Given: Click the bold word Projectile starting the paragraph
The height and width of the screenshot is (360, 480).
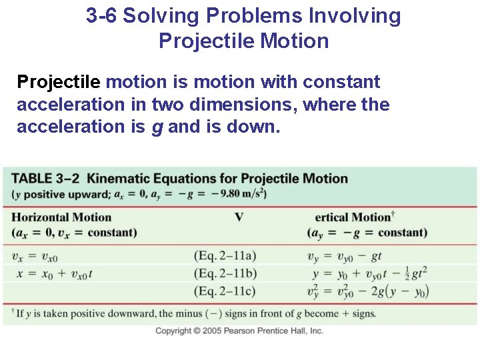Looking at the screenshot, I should coord(59,83).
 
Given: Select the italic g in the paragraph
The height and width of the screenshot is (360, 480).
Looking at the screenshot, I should coord(157,127).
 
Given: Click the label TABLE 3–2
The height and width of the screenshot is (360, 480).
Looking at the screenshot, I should coord(46,179).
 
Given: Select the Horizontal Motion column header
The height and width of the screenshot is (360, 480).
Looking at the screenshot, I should coord(61,217).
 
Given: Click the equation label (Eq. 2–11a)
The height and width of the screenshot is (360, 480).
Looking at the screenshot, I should coord(225,255).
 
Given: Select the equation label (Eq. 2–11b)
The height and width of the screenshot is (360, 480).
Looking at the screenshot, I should coord(225,273).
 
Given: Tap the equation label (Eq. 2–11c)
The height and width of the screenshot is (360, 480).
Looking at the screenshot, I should coord(225,291).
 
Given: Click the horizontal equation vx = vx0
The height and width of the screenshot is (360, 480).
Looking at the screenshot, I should coord(35,256).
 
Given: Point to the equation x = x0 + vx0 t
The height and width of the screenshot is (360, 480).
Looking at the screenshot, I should coord(53,273).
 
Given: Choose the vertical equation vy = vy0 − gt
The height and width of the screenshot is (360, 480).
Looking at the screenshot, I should coord(345,256).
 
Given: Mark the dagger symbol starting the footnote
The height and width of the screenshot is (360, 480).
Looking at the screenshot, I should coord(13,312).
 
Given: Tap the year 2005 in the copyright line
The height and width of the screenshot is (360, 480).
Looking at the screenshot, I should coord(211,331).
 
